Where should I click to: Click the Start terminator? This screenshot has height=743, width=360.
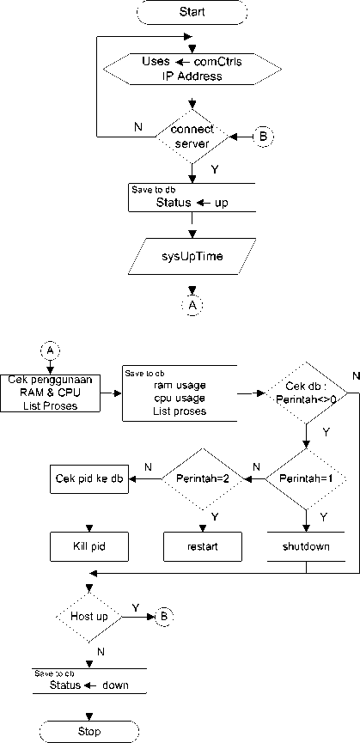(192, 12)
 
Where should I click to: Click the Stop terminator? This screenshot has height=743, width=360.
(88, 731)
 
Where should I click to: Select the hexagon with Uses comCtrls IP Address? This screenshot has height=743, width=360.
(192, 69)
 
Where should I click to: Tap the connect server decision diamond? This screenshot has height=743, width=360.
(192, 137)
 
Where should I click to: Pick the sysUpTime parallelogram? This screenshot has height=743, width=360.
(192, 257)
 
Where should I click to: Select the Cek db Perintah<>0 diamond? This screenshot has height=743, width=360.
(306, 393)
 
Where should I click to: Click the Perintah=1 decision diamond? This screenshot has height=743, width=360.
(306, 478)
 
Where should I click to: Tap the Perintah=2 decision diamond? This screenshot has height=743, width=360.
(203, 478)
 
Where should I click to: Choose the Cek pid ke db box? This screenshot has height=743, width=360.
(89, 478)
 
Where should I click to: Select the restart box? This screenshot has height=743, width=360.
(203, 546)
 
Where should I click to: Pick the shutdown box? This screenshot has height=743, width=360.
(306, 546)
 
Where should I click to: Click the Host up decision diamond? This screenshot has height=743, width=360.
(89, 617)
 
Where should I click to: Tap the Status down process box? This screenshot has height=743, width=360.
(89, 681)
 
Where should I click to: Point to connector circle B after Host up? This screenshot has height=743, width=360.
(164, 617)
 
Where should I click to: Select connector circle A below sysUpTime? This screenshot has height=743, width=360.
(192, 306)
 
